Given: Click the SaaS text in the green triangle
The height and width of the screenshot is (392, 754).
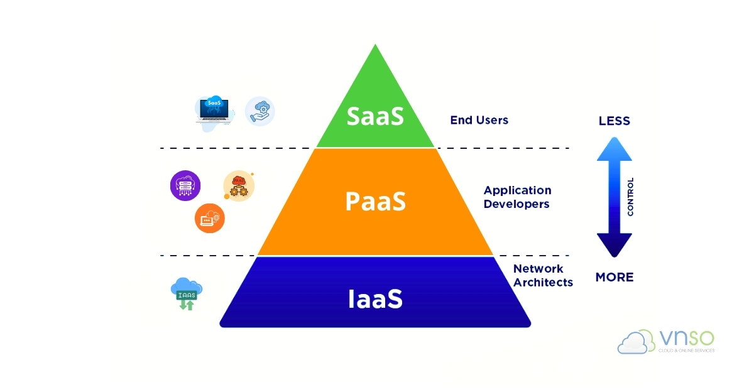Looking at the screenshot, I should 375,117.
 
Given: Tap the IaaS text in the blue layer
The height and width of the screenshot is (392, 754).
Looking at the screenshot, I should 375,299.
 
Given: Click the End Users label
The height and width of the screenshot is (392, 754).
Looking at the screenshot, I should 479,120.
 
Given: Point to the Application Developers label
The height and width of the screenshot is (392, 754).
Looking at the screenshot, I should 517,197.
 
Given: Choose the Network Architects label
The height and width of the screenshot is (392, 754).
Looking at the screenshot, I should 543,276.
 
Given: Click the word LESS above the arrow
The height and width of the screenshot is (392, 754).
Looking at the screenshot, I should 614,121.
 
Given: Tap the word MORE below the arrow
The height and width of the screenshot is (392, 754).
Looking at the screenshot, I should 614,277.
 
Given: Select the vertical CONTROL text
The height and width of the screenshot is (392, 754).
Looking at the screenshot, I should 630,197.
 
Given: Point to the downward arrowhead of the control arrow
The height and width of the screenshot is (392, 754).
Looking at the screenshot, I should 614,246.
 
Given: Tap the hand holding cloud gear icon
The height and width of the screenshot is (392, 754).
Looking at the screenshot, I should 260,111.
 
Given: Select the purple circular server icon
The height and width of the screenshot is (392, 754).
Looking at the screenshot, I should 185,186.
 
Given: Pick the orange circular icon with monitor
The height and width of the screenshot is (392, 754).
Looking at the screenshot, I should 209,218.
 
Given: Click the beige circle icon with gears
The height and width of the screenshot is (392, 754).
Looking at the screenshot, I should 239,186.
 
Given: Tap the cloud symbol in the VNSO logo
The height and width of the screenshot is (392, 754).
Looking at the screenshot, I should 636,342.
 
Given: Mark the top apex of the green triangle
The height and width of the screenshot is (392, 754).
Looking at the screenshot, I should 375,46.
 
